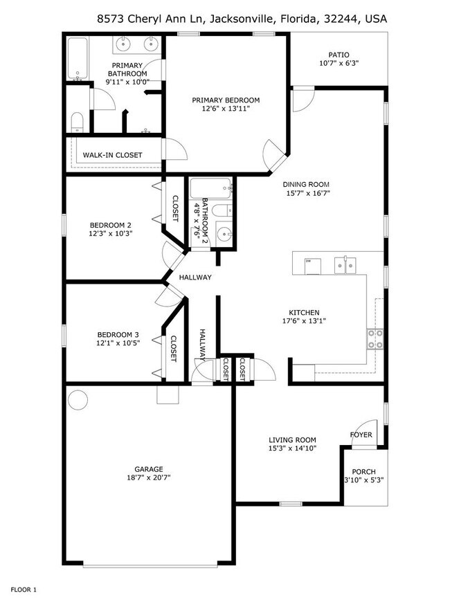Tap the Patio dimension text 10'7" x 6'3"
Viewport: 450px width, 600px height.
tap(339, 64)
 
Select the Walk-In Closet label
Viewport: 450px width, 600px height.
tap(112, 155)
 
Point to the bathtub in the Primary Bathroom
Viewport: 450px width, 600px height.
tap(78, 58)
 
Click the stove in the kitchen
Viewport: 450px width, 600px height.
tap(375, 338)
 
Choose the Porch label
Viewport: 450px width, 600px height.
tap(363, 471)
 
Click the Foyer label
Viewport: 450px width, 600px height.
tap(361, 435)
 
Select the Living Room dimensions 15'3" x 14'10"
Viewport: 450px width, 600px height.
tap(292, 448)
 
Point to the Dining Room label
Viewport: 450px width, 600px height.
tap(305, 184)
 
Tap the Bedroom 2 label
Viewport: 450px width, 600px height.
tap(110, 225)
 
